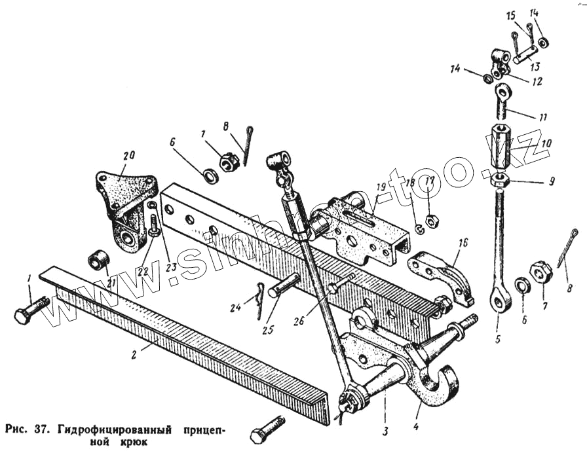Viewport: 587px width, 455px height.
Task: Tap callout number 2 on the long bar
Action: pos(133,355)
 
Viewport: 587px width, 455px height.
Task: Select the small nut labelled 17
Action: pos(432,222)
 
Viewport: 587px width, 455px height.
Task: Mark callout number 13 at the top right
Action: pos(535,66)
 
